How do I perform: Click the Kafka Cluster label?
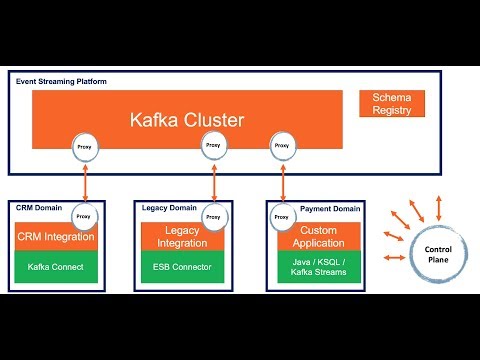(186, 120)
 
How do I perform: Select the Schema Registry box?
(391, 103)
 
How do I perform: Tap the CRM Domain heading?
(38, 207)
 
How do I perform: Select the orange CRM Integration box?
(56, 237)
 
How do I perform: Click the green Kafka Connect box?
(56, 267)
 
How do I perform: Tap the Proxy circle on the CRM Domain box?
(84, 214)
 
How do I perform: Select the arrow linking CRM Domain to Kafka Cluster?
(84, 180)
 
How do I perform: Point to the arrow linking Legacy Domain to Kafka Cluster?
(213, 180)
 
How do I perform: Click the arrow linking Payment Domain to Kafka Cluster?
(281, 180)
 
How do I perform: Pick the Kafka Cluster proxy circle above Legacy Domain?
(213, 146)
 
